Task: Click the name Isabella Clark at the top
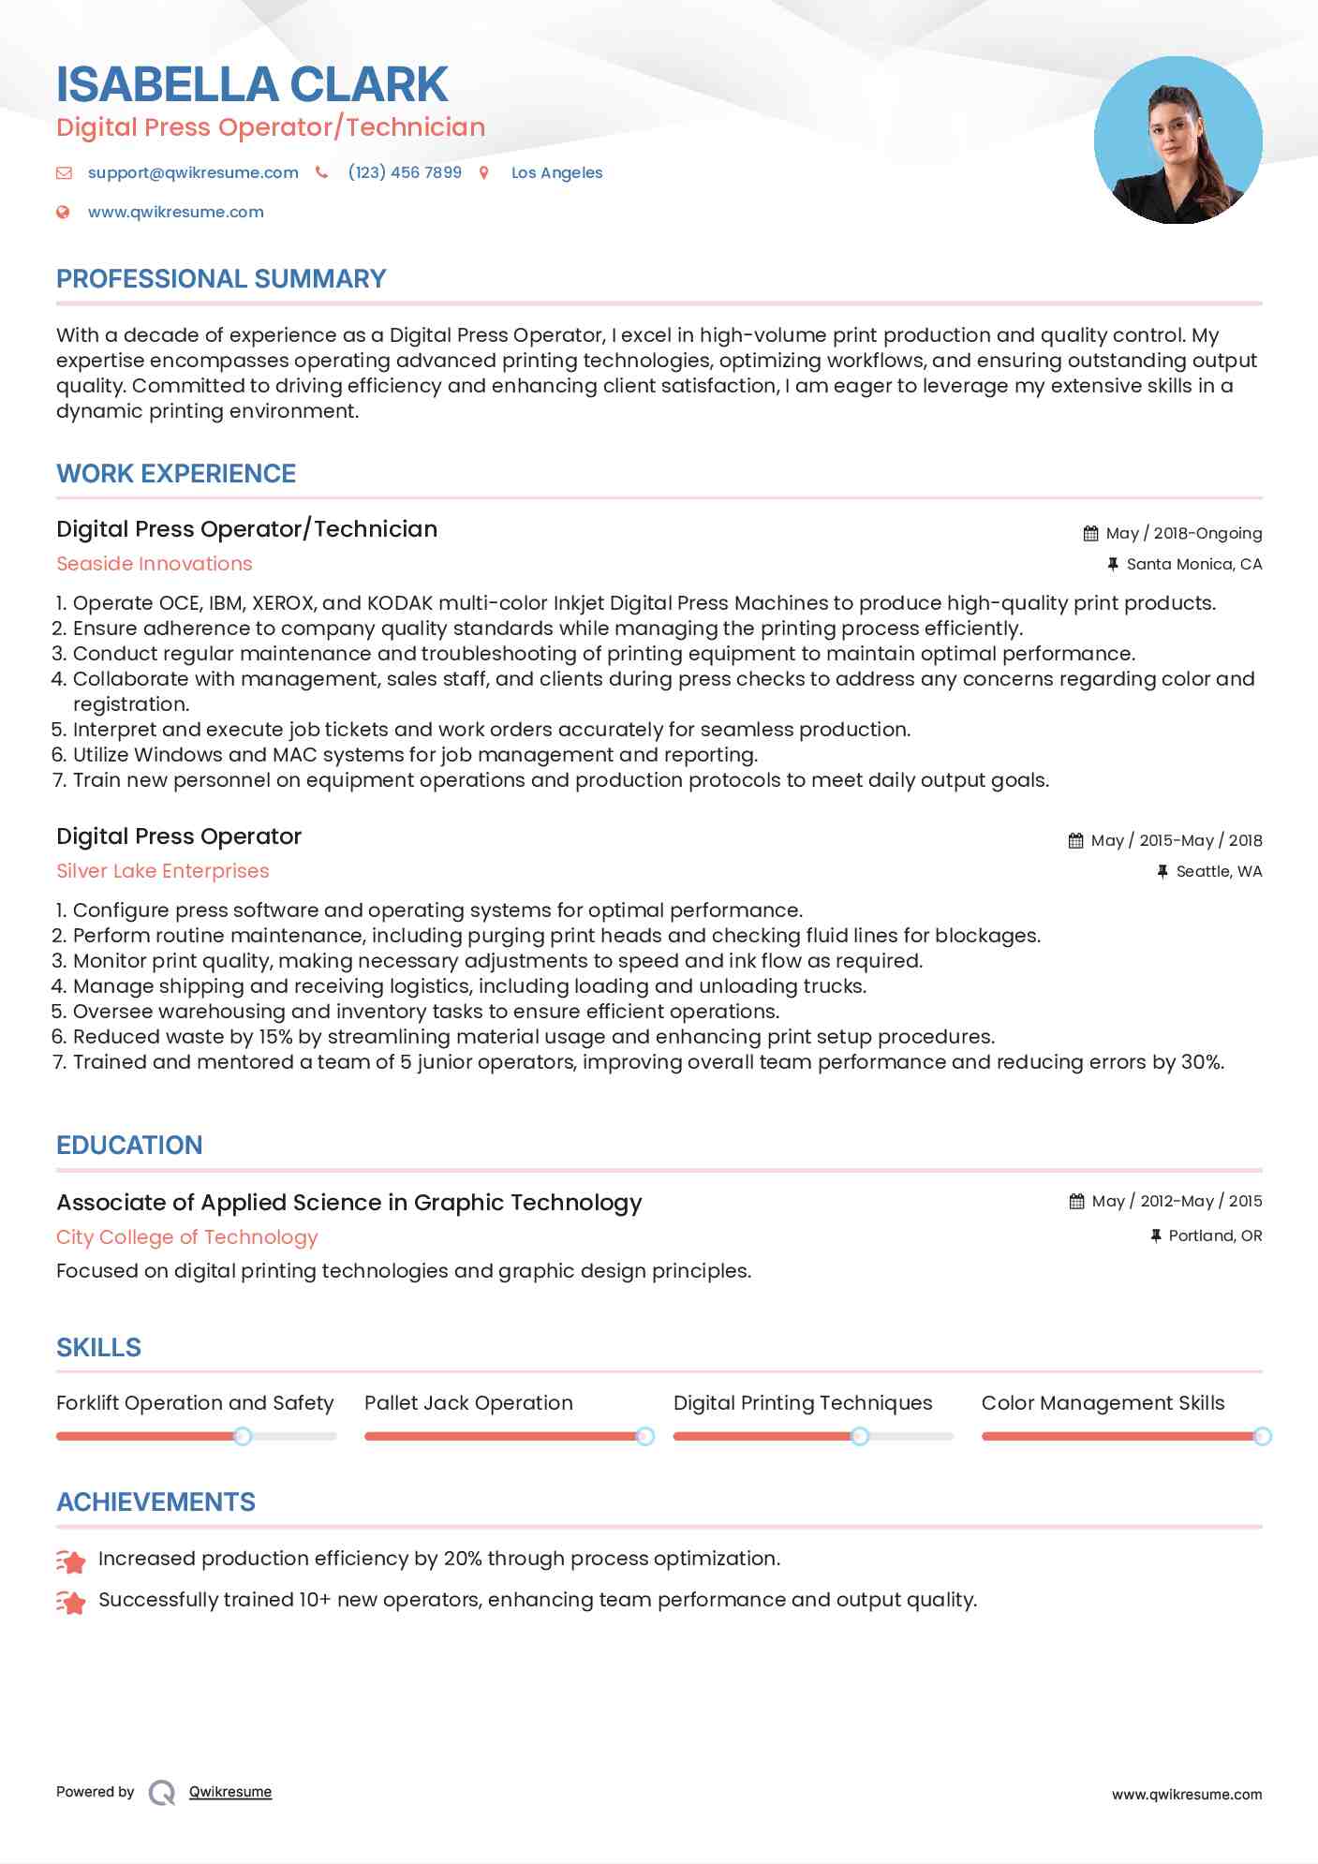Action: coord(252,84)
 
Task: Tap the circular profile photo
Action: coord(1177,141)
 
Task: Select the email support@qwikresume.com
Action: coord(193,172)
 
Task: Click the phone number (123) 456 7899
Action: coord(405,172)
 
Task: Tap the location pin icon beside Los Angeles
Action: coord(484,172)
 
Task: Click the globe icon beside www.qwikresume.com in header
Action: coord(63,212)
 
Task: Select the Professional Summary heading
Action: coord(221,279)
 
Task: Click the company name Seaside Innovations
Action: coord(155,564)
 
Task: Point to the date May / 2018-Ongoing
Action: coord(1183,533)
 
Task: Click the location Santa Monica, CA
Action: coord(1193,564)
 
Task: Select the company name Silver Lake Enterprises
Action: coord(163,871)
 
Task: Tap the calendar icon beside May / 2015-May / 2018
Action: coord(1075,840)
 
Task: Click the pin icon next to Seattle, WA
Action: coord(1163,871)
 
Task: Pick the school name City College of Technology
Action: coord(187,1237)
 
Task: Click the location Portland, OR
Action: coord(1215,1235)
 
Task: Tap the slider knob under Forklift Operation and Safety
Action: coord(243,1436)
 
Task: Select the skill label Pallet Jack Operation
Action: coord(468,1403)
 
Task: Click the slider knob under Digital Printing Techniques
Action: coord(860,1436)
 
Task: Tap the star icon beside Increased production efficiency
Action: coord(71,1561)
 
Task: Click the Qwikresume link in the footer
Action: coord(230,1792)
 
